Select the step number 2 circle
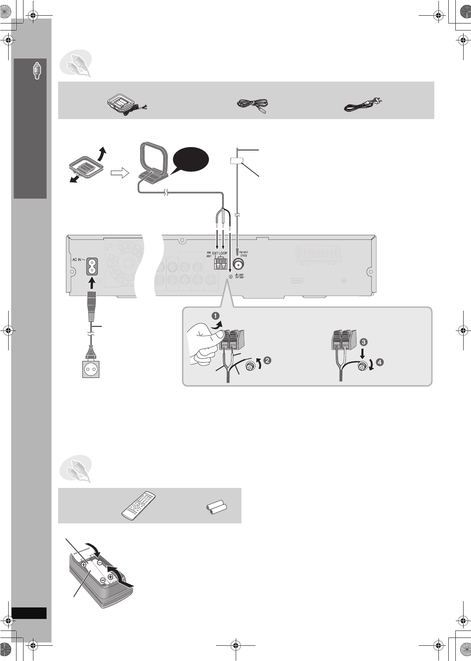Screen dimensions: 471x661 click(267, 361)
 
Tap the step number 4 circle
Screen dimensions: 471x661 click(381, 362)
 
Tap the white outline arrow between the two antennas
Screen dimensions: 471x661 click(120, 174)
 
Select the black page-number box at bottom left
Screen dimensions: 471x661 click(29, 612)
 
